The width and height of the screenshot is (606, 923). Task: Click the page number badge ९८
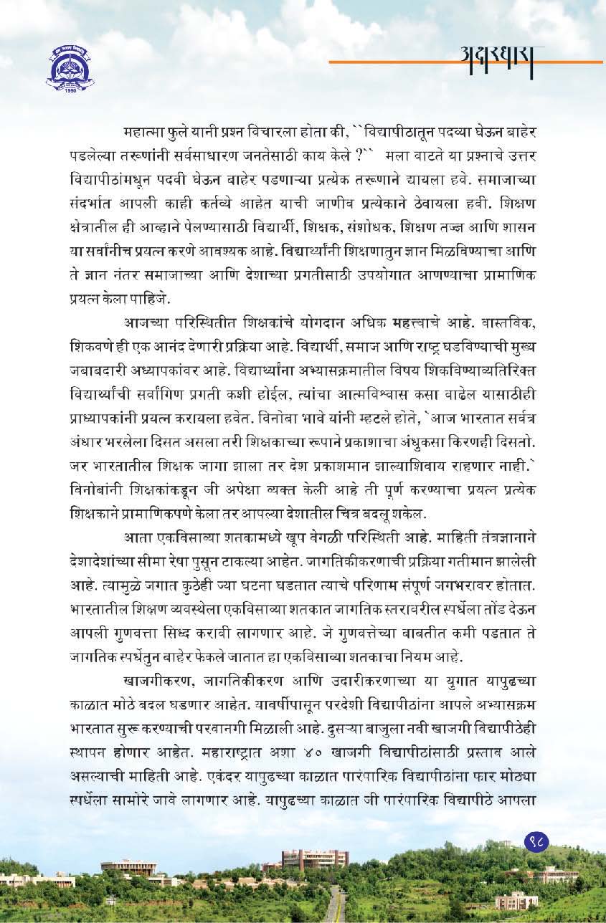click(x=536, y=840)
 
